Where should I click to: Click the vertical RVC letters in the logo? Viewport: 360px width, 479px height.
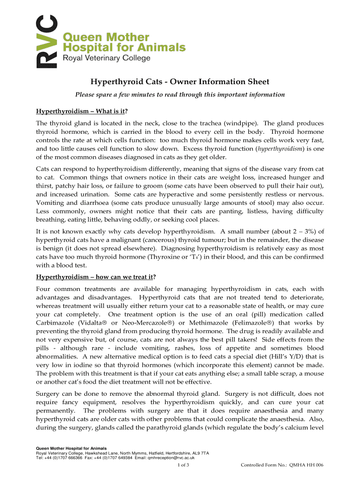coord(47,42)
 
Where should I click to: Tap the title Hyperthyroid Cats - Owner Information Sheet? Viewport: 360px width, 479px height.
coord(180,82)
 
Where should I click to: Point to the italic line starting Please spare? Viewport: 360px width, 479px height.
coord(180,94)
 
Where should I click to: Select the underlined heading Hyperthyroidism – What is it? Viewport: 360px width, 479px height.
coord(82,111)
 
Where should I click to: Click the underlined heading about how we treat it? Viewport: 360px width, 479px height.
coord(96,276)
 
